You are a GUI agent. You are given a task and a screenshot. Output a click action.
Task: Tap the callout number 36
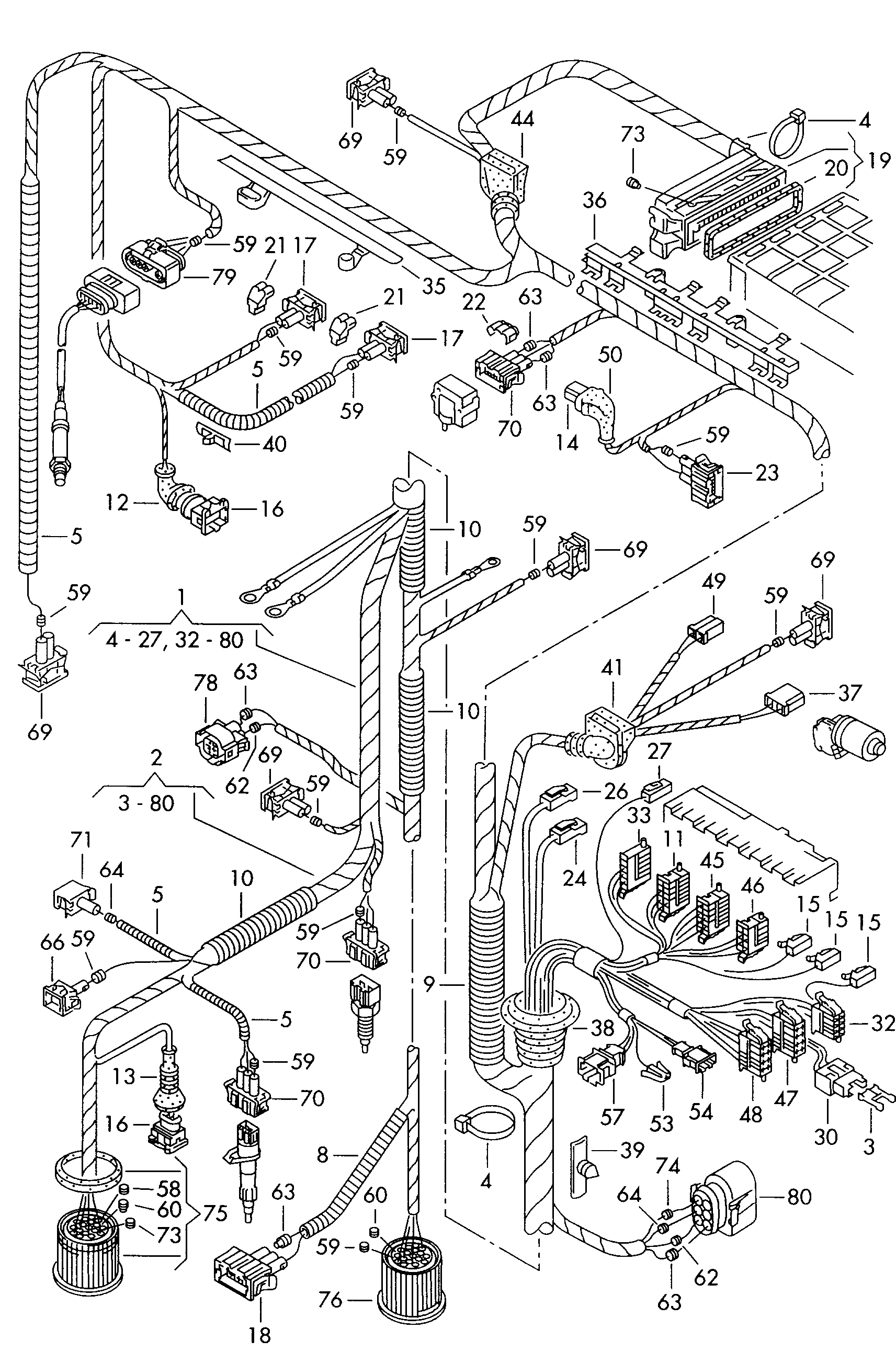click(594, 201)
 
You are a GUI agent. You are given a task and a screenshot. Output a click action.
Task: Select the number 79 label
click(223, 277)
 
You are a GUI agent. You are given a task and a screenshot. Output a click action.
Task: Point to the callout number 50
click(610, 355)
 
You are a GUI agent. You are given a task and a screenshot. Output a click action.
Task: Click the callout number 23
click(767, 473)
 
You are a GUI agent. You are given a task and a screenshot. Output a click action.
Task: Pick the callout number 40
click(274, 444)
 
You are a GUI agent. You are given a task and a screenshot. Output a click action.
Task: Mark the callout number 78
click(206, 683)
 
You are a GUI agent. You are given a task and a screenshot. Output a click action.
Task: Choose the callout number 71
click(81, 839)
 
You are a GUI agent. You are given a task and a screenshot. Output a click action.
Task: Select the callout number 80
click(799, 1196)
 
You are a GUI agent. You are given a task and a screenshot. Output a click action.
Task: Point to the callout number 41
click(612, 667)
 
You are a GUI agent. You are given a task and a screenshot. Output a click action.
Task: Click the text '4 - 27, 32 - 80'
click(174, 640)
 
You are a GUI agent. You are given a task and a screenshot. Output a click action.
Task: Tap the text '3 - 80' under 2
click(146, 803)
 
